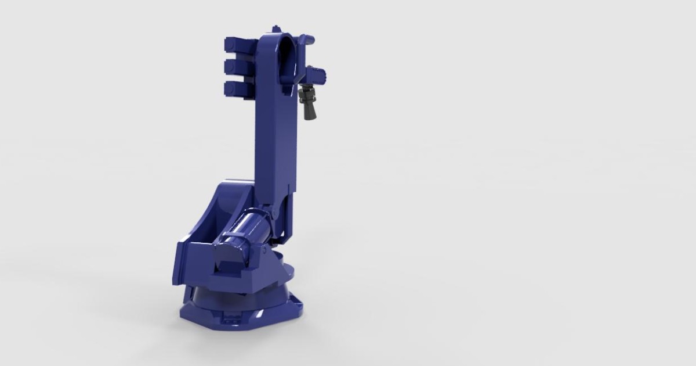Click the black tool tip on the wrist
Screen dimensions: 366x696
tap(307, 104)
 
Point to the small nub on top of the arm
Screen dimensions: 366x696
tap(276, 28)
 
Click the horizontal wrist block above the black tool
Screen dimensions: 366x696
tap(317, 74)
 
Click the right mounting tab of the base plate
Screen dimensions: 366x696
tap(296, 302)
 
